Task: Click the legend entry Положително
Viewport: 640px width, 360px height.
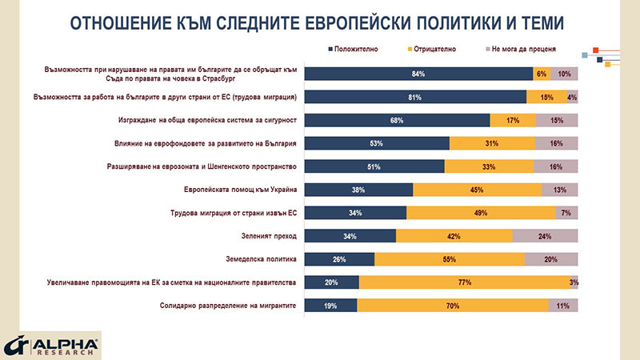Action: click(353, 49)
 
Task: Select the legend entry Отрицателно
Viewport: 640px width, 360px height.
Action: click(435, 49)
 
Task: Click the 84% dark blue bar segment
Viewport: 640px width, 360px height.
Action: click(418, 74)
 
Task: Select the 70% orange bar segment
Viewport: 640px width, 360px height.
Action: click(453, 305)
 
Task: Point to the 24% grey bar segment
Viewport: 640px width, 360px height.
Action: click(545, 235)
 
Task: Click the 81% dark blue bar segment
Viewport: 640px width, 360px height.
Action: click(415, 97)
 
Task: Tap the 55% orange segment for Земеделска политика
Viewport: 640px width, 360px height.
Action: click(449, 258)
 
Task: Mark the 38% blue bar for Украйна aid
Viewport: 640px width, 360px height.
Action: click(359, 189)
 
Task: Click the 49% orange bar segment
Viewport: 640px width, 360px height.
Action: click(481, 212)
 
